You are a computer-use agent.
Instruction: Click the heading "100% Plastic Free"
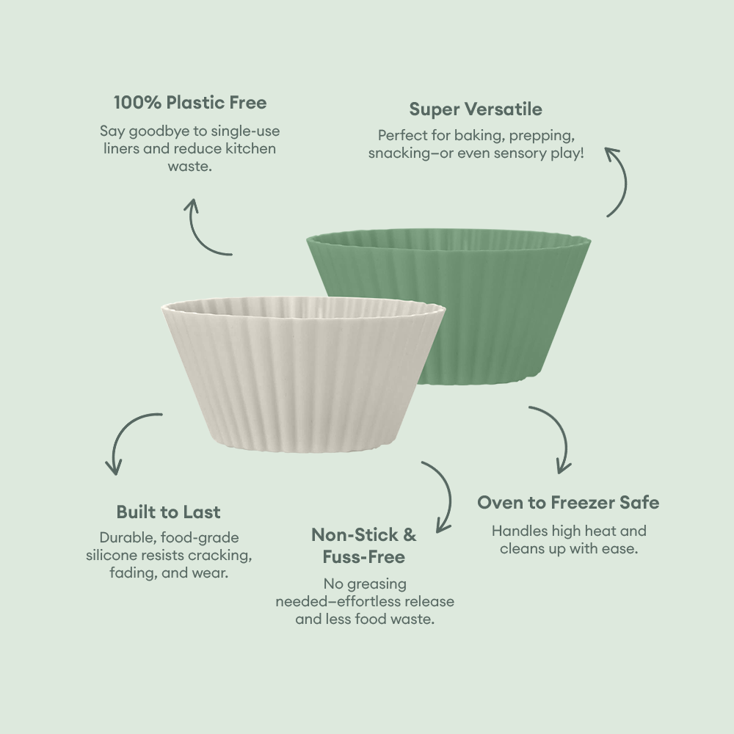pos(189,101)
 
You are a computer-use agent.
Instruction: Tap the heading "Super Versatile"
pos(476,109)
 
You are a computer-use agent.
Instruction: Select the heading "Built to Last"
pos(168,512)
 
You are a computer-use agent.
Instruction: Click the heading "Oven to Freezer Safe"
pos(568,503)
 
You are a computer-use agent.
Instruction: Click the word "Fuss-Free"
pos(363,557)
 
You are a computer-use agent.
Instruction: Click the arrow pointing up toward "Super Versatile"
pos(618,180)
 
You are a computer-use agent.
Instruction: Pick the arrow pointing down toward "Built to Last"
pos(128,440)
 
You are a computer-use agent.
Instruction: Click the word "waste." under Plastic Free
pos(189,167)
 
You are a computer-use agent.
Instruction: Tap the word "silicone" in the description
pos(112,555)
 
